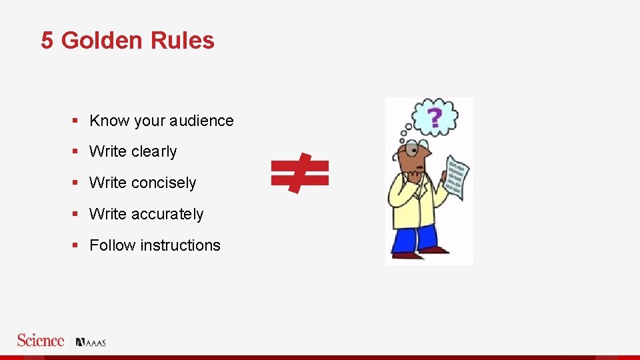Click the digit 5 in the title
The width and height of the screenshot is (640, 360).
(x=47, y=41)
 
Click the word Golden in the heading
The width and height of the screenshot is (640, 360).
(x=101, y=41)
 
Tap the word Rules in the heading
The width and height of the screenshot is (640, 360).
(x=182, y=41)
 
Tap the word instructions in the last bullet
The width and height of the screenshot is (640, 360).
(x=180, y=245)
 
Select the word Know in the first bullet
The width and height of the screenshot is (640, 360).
(x=109, y=121)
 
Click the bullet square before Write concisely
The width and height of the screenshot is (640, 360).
(x=76, y=183)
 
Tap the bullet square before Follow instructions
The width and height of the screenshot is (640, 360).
(x=76, y=245)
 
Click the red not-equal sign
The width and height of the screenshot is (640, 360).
(x=300, y=173)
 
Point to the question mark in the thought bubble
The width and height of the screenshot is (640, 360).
(x=435, y=119)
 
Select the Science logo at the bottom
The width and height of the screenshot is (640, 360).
(x=41, y=341)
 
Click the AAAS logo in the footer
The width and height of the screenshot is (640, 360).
(x=91, y=343)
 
